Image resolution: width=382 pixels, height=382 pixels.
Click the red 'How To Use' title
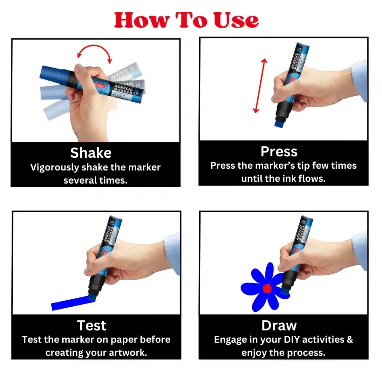[x=187, y=20]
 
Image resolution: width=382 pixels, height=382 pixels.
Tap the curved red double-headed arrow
[x=94, y=46]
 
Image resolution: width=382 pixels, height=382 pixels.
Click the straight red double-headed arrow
[x=260, y=86]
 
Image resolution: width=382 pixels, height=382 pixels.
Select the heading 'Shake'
[x=91, y=153]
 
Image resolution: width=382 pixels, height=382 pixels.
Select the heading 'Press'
[x=279, y=151]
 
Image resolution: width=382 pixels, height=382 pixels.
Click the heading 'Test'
[x=92, y=325]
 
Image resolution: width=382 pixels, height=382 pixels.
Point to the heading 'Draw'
[x=279, y=325]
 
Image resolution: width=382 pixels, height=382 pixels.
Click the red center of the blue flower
[x=267, y=288]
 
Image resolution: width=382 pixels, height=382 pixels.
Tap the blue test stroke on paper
[x=73, y=303]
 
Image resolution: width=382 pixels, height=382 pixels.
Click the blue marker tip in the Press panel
[x=279, y=124]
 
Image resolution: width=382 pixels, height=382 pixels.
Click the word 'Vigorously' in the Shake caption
[x=55, y=167]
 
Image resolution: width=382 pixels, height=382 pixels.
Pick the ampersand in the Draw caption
[x=350, y=339]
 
